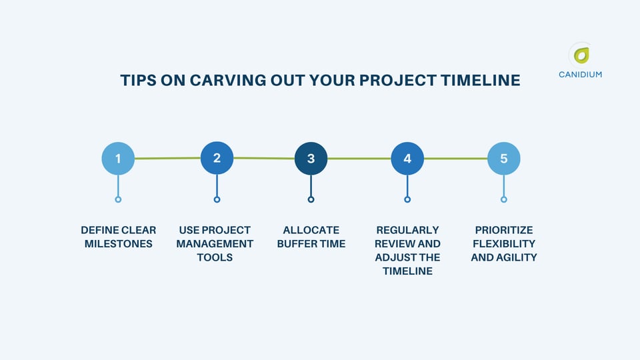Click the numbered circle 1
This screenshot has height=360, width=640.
point(118,159)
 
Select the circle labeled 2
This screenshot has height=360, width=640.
point(217,158)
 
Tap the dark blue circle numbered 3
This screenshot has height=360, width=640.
point(311,159)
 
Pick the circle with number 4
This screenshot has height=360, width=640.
point(407,159)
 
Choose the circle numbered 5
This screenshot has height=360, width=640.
point(503,159)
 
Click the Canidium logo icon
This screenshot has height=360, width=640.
point(581,55)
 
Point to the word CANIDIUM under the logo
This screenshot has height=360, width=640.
point(580,75)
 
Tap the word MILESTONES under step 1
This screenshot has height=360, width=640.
point(118,244)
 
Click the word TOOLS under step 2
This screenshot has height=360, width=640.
point(215,257)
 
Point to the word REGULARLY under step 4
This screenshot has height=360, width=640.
point(407,230)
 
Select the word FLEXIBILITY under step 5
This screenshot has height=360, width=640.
point(503,244)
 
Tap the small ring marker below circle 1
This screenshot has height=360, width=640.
point(118,199)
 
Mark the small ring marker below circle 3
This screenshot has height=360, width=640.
point(311,199)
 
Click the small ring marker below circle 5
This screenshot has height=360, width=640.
point(503,199)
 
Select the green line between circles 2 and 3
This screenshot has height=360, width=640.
point(264,158)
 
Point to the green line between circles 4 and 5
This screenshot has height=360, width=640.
point(455,159)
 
